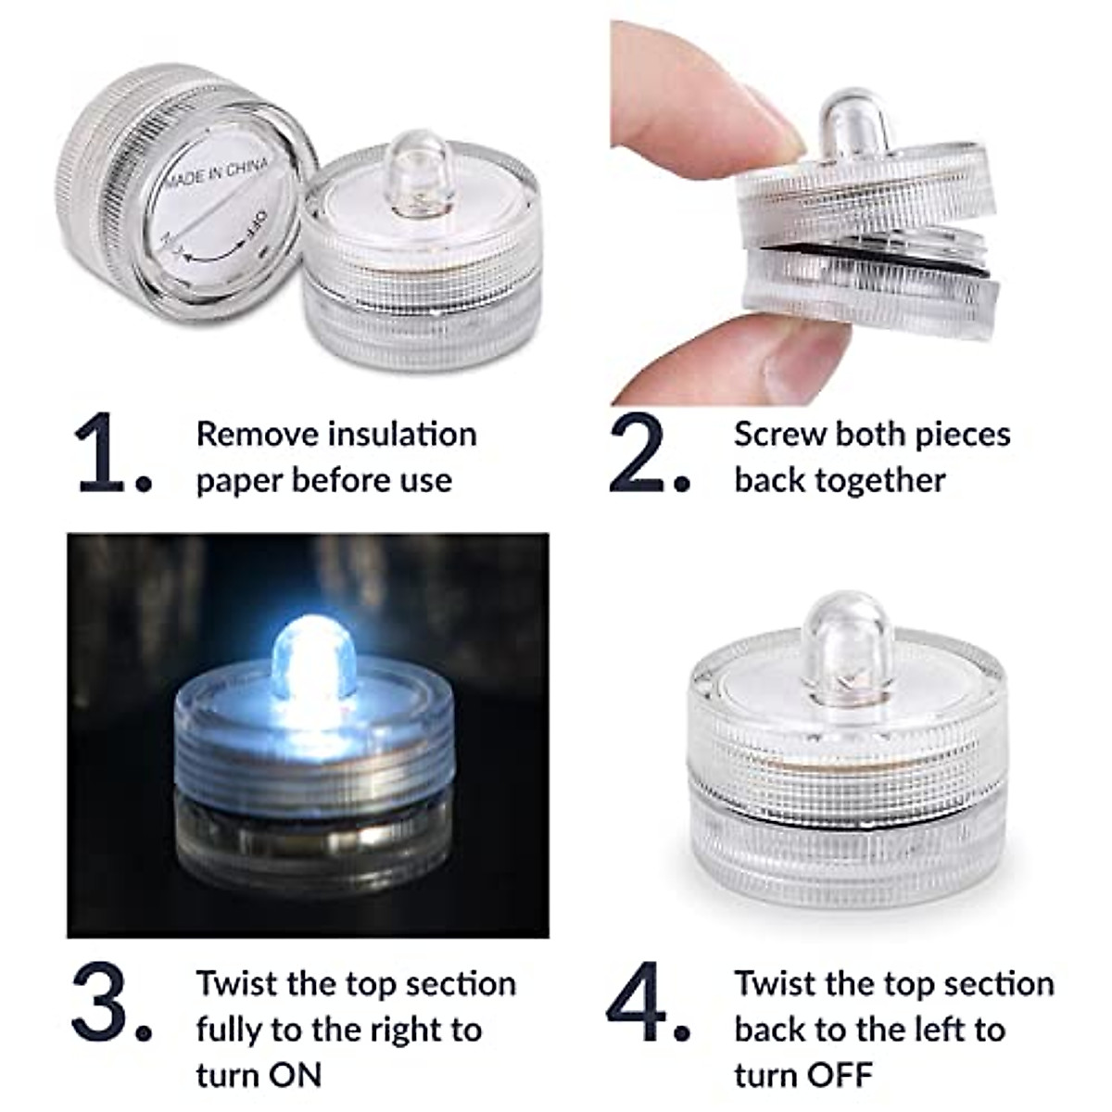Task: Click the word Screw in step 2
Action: point(781,434)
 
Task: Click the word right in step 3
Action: point(402,1030)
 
